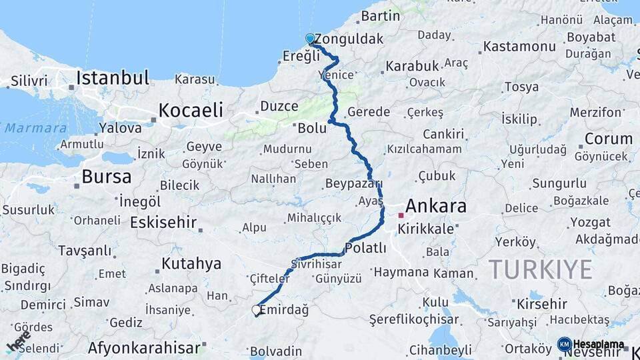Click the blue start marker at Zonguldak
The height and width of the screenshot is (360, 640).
(310, 39)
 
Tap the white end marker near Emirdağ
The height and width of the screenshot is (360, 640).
(256, 310)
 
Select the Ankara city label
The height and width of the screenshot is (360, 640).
(435, 206)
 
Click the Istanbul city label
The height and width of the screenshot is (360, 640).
(112, 79)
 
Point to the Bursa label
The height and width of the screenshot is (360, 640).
(107, 177)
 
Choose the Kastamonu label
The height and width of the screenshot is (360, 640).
(519, 47)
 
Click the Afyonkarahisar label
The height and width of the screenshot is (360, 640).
(144, 348)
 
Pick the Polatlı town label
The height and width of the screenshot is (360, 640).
(366, 248)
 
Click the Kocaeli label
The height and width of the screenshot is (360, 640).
(190, 110)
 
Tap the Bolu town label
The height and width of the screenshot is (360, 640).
(312, 127)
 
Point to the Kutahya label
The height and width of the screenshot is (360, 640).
(191, 264)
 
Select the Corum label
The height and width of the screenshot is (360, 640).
(608, 139)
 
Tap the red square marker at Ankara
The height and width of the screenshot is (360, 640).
(401, 215)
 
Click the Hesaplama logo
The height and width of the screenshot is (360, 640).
(591, 345)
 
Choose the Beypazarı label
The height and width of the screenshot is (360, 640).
(353, 183)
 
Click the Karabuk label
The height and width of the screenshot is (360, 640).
(412, 66)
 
